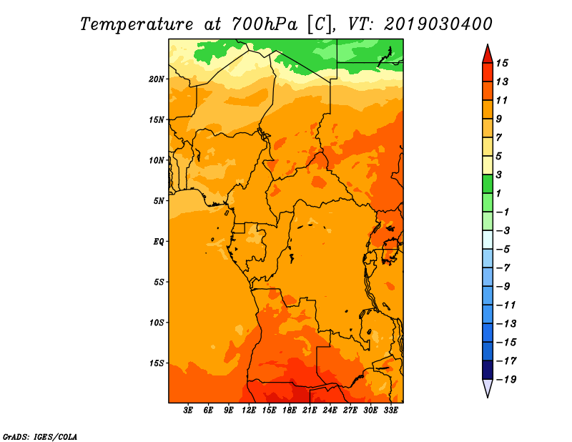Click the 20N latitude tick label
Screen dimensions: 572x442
point(156,79)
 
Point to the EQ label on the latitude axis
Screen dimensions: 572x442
point(158,242)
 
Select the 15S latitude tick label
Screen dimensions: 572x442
point(156,363)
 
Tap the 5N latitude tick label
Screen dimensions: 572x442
point(158,201)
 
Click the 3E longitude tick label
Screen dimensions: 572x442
point(188,411)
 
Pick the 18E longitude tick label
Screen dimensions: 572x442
point(290,411)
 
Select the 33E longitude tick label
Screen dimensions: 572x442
point(390,411)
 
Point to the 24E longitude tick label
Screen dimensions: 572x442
point(330,411)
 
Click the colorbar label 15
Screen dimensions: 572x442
point(502,63)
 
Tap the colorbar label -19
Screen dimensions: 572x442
point(506,380)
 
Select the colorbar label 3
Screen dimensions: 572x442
point(499,175)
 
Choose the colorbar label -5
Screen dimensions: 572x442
point(503,250)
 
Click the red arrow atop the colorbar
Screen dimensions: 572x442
point(488,54)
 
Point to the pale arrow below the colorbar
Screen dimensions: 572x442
point(488,388)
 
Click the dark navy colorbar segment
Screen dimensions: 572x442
point(488,370)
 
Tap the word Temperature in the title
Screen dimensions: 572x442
point(137,24)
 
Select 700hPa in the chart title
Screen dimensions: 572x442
point(265,24)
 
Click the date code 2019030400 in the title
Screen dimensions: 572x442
point(438,24)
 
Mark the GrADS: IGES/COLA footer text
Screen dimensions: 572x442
point(40,436)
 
